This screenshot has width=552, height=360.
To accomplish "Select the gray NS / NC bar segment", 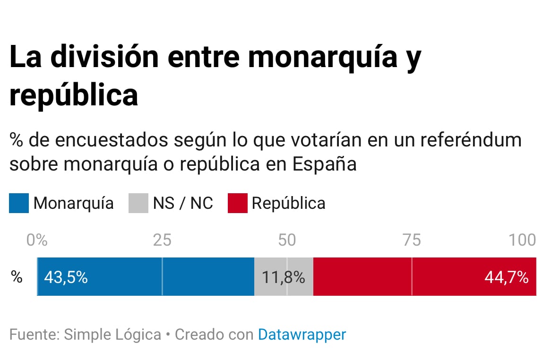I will coord(284,277).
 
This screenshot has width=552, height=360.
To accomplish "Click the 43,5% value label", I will coord(66,277).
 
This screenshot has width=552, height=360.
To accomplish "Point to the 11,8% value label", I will coord(284,277).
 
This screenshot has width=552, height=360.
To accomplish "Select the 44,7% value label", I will coord(506,277).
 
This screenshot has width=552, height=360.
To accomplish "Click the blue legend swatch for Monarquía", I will coord(19,203).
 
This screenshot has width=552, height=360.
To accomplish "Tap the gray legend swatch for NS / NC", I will coord(138,203).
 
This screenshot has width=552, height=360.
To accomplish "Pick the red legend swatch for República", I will coord(237,203).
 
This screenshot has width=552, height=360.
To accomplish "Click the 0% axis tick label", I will coord(37,240).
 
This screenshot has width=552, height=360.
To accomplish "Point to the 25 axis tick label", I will coord(162,240).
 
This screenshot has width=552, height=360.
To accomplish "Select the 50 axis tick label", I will coord(287,240).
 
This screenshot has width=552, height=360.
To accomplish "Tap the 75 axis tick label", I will coord(412,240).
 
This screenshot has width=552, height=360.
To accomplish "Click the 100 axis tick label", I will coord(522,240).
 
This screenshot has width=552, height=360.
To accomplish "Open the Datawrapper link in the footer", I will coord(302,334).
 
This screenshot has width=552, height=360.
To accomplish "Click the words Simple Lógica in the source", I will coord(112,334).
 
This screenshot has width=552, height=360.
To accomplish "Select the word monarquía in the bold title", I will coord(323,57).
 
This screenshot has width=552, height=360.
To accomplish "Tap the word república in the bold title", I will coord(74,95).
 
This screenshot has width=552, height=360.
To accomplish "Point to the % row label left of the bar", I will coord(17,277).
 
